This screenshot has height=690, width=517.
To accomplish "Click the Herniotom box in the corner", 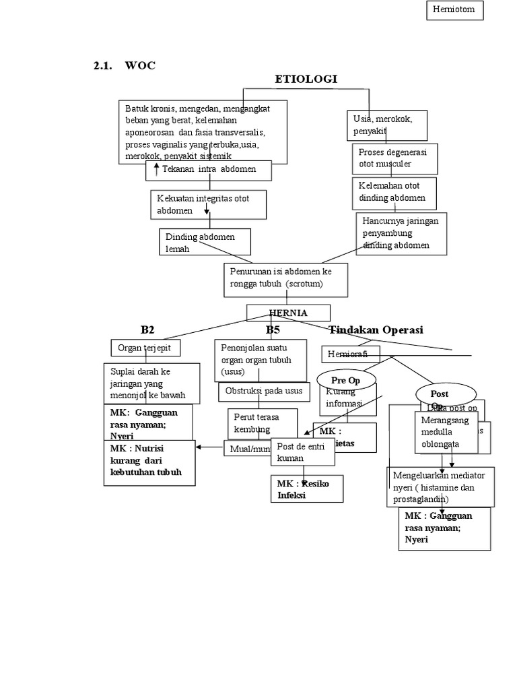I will [x=454, y=10].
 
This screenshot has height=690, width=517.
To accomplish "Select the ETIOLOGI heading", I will [x=306, y=80].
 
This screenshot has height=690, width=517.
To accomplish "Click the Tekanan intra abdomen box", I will [x=209, y=170].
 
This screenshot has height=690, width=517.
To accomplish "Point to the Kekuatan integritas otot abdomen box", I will [x=208, y=204].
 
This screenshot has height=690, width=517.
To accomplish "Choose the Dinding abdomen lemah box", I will [x=205, y=242].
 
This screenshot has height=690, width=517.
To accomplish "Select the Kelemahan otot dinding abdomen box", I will [x=394, y=192].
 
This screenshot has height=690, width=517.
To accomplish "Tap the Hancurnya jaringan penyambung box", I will [x=402, y=232].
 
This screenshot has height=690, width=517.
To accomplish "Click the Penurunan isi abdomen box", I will [x=285, y=279].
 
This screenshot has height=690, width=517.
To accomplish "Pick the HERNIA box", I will [x=288, y=313].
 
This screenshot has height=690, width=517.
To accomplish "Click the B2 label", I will [x=147, y=330].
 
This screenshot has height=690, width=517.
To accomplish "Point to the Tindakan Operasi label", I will [x=376, y=330].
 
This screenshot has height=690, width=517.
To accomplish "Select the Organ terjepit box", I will [x=145, y=348].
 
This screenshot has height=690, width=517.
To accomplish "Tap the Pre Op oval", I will [x=345, y=380].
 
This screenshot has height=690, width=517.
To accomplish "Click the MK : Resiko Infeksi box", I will [x=304, y=489].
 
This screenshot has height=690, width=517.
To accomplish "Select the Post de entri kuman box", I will [x=302, y=452].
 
